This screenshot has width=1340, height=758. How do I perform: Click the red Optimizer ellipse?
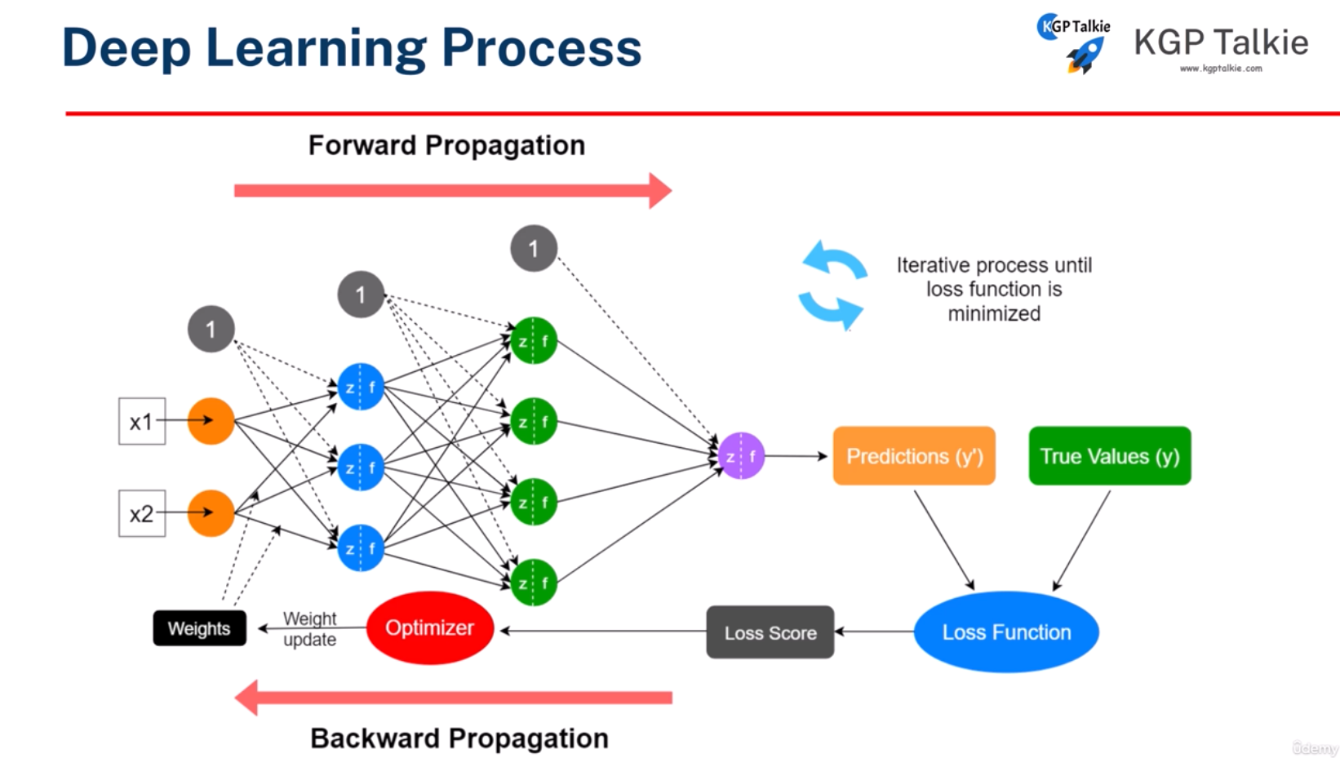click(430, 627)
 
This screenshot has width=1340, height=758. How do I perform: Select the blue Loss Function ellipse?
click(1006, 632)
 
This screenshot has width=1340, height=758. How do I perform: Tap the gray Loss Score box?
click(770, 632)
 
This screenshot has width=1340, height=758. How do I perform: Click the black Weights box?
click(199, 628)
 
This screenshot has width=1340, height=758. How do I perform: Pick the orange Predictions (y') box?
click(914, 456)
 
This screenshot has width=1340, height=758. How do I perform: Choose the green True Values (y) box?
click(1109, 456)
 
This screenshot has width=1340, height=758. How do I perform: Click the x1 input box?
click(142, 421)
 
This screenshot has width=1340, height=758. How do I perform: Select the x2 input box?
click(142, 513)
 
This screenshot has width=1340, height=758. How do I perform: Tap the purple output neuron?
click(741, 456)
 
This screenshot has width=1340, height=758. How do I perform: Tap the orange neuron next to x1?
click(211, 421)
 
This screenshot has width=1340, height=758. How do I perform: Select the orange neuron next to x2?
click(211, 513)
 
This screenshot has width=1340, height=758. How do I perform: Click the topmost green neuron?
click(534, 340)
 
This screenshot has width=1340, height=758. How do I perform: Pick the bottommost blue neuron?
click(361, 547)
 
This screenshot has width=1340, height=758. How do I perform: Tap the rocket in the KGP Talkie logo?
click(1086, 55)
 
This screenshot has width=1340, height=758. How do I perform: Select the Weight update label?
click(309, 629)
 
